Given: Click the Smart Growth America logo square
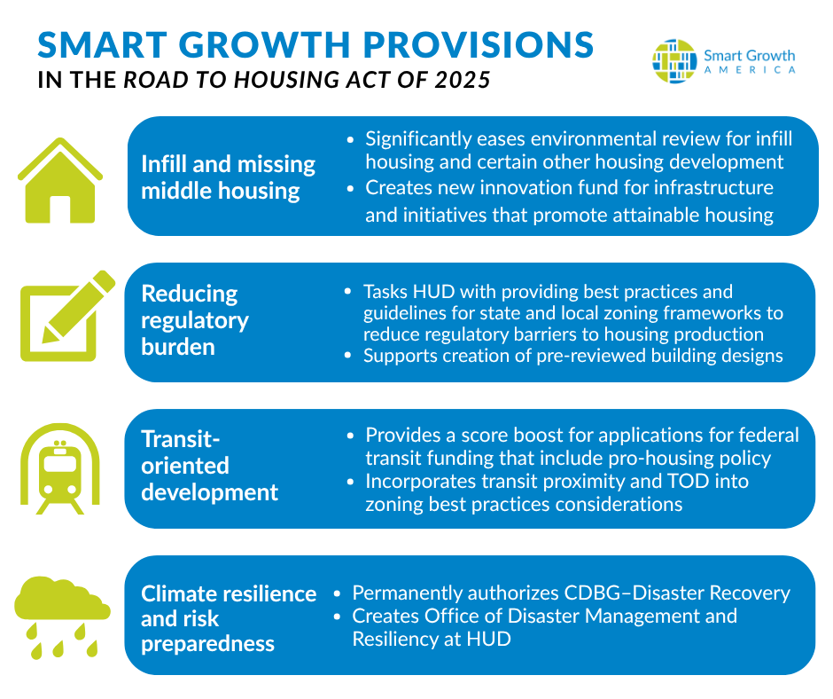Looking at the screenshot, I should (x=674, y=61).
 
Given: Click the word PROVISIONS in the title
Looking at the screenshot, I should (x=456, y=45).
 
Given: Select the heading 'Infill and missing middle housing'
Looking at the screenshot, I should (x=228, y=177).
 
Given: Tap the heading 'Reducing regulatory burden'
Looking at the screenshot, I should (x=194, y=319).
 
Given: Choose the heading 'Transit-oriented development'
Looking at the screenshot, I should (x=209, y=466).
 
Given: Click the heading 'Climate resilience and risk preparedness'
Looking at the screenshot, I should (x=228, y=618).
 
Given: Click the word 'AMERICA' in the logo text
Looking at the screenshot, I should (x=750, y=70).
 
